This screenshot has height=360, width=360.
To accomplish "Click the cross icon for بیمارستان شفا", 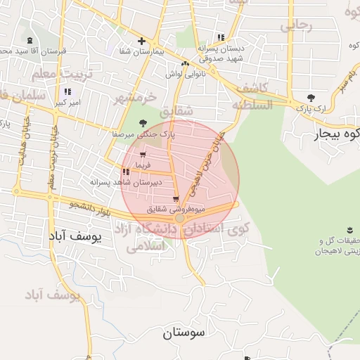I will tap(142, 41).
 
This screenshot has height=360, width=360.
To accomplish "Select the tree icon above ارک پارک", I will tap(311, 98).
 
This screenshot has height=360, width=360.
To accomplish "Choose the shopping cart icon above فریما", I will tap(143, 154).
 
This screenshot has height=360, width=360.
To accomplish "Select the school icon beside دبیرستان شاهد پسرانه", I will tap(125, 171).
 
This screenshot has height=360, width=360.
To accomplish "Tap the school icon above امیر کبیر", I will tap(67, 91).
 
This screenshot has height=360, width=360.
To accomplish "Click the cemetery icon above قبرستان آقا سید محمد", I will tap(29, 40).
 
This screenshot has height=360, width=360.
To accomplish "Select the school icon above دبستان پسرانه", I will tap(221, 37).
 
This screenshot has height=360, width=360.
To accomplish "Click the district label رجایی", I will tap(296, 26).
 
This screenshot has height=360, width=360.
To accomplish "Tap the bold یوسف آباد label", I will tap(77, 237).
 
